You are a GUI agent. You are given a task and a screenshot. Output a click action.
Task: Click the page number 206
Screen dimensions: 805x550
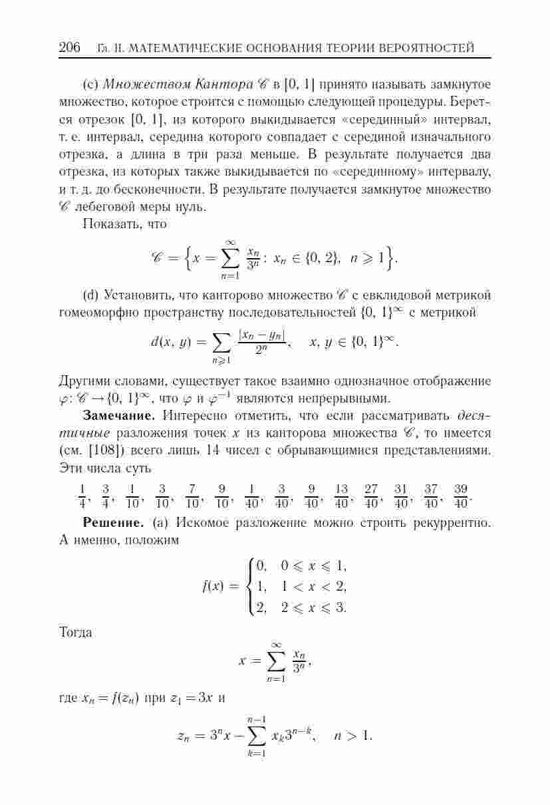click(x=70, y=48)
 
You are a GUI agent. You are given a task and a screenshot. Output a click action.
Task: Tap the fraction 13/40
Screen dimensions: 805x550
click(x=343, y=495)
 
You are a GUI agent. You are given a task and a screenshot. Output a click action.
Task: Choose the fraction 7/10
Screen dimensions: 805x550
click(x=193, y=495)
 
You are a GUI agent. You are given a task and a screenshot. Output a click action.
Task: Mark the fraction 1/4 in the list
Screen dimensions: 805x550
click(x=82, y=495)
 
